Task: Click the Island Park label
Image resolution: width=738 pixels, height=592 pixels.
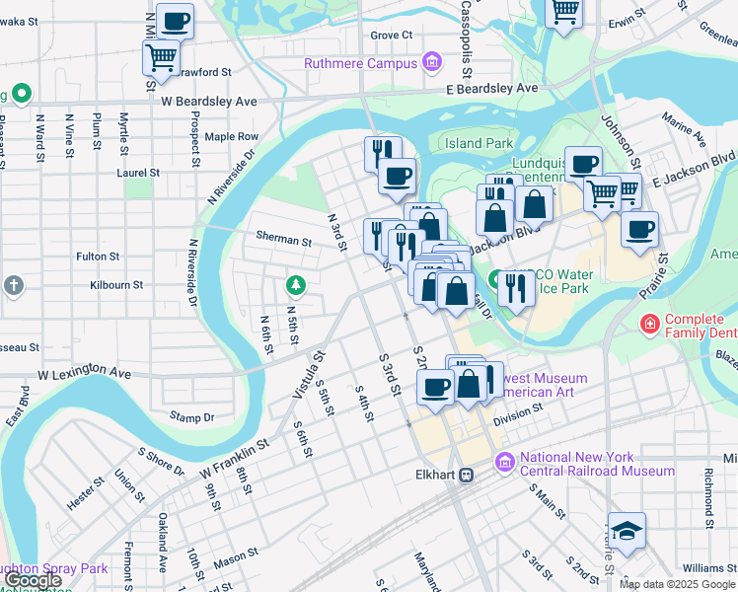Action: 479,143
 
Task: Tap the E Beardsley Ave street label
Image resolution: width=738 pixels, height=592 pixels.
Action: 490,88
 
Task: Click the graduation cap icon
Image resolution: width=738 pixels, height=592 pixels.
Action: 627,530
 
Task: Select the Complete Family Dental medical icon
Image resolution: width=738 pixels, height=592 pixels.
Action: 649,323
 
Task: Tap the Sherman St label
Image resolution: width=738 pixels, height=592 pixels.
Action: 283,240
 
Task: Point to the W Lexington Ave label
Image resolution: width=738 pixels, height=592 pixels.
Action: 84,374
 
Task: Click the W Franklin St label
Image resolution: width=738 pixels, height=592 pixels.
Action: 236,455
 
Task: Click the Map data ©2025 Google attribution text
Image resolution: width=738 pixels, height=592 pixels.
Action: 677,584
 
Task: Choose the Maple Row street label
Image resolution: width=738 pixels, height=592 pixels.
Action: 231,136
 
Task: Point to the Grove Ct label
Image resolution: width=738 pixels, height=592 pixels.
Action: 391,35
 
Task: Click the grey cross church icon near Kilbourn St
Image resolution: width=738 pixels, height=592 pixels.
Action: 13,285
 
